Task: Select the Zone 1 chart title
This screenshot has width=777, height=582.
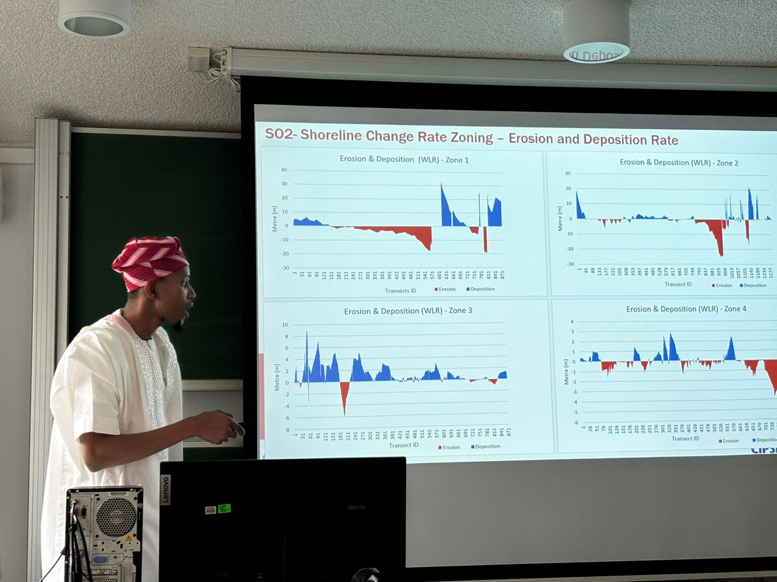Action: [404, 158]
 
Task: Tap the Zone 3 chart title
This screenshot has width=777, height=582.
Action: [408, 310]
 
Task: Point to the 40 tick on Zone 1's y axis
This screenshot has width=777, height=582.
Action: [283, 170]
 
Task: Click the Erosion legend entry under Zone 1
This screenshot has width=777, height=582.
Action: [445, 289]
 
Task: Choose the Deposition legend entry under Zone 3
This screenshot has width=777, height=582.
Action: [486, 446]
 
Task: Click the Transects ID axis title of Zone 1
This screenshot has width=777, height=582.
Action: [400, 290]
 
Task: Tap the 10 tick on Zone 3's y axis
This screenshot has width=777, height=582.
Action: [285, 324]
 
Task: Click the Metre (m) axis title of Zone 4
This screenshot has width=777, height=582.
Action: [567, 372]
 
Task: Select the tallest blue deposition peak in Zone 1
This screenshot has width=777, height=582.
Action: [442, 186]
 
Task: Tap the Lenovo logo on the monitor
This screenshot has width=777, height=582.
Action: [165, 490]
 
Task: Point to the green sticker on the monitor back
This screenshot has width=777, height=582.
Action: [224, 508]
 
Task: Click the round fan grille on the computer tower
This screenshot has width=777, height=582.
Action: [116, 517]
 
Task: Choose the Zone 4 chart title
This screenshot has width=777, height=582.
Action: [686, 308]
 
